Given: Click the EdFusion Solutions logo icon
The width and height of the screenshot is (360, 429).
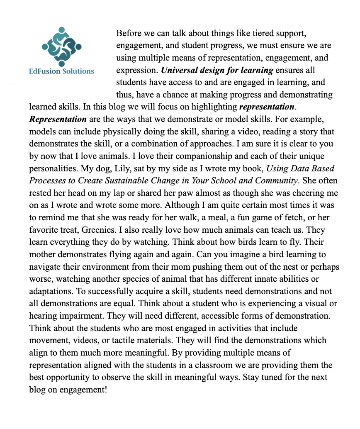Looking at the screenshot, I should pos(61,46).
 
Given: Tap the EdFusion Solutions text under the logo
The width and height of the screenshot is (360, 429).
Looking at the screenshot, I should pos(61,71).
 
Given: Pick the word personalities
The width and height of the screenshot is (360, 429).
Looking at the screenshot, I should pos(54,169).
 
